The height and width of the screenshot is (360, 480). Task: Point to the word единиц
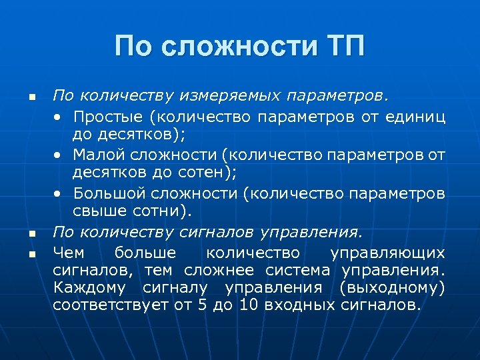(421, 117)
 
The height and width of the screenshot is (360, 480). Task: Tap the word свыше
(93, 213)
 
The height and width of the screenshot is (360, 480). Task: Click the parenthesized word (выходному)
(392, 289)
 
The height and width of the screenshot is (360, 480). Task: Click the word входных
(300, 307)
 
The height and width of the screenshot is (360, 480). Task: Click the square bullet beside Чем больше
(31, 254)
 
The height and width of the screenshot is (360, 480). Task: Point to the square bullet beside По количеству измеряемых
(31, 98)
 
